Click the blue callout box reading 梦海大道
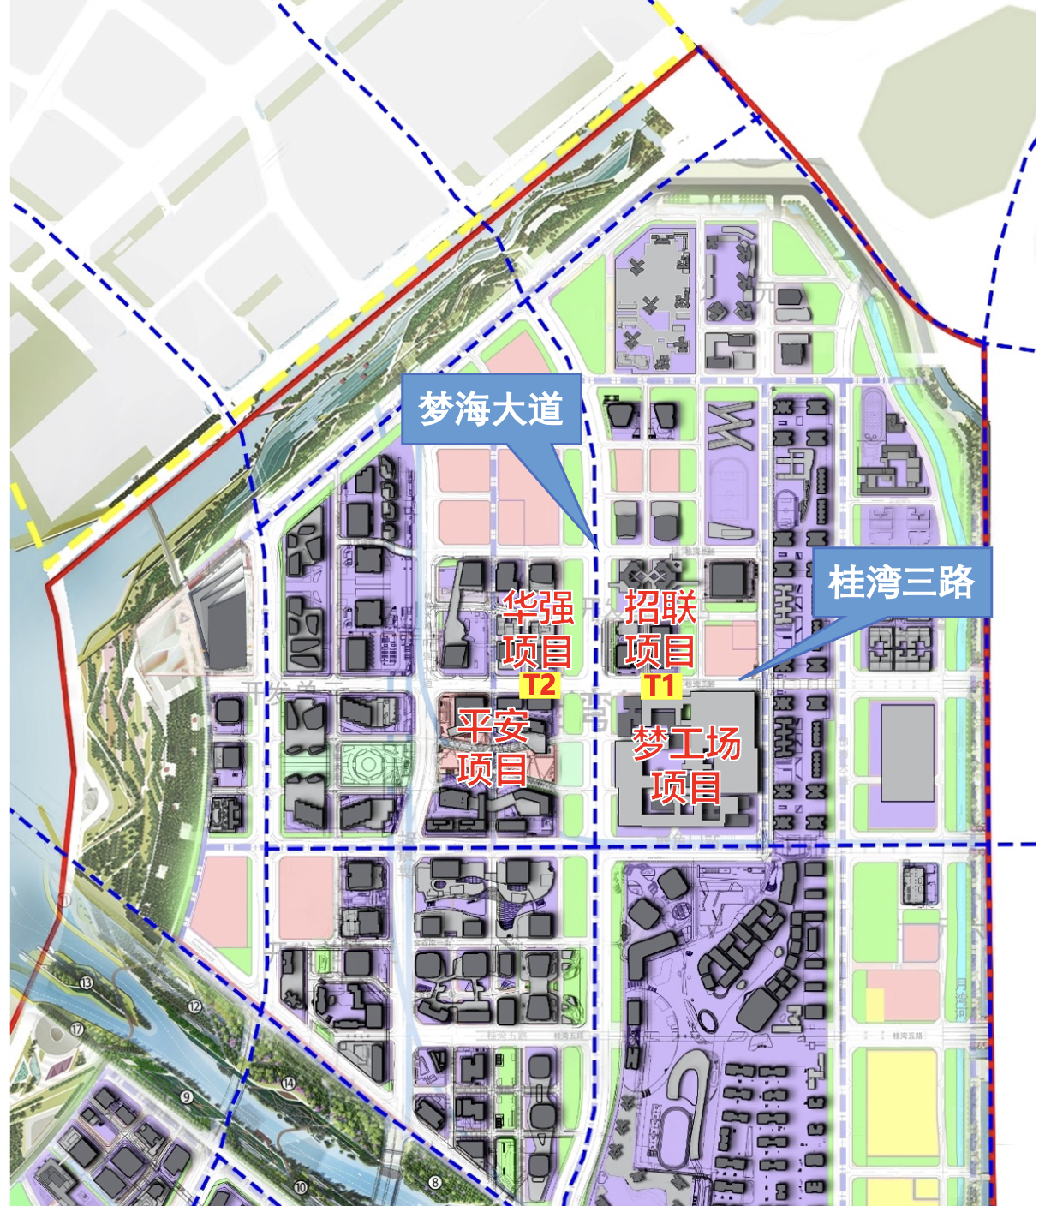coord(491,409)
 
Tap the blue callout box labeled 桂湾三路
coord(901,582)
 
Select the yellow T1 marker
coord(660,685)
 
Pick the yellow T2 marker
coord(540,685)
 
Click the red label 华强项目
coord(538,630)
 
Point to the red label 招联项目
coord(660,630)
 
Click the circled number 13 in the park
coord(86,982)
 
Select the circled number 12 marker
coord(194,1006)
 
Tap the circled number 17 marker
coord(77,1029)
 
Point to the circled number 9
coord(187,1096)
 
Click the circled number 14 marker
coord(289,1084)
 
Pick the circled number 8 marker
coord(435,1183)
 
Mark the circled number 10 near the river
coord(300,1187)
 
